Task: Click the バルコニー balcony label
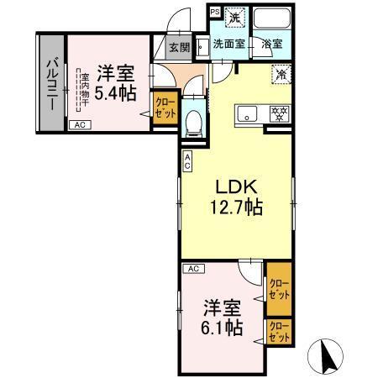[x=52, y=81]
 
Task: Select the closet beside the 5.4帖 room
[x=163, y=110]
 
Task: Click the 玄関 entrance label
[x=179, y=48]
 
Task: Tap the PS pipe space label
[x=214, y=13]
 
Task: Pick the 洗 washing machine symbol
[x=236, y=17]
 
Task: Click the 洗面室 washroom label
[x=228, y=44]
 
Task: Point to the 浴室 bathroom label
[x=271, y=44]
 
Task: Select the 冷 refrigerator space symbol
[x=280, y=76]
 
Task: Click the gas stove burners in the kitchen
[x=278, y=113]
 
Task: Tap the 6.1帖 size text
[x=221, y=325]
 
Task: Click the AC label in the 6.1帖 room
[x=192, y=269]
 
